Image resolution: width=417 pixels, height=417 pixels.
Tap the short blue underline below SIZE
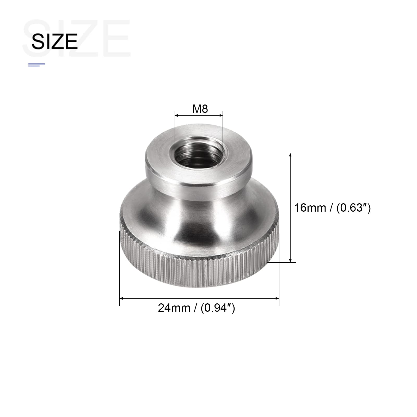36,64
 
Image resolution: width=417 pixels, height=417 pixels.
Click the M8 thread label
200,109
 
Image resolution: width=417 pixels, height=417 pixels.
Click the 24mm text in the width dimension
174,308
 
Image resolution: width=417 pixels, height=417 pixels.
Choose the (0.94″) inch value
218,308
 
